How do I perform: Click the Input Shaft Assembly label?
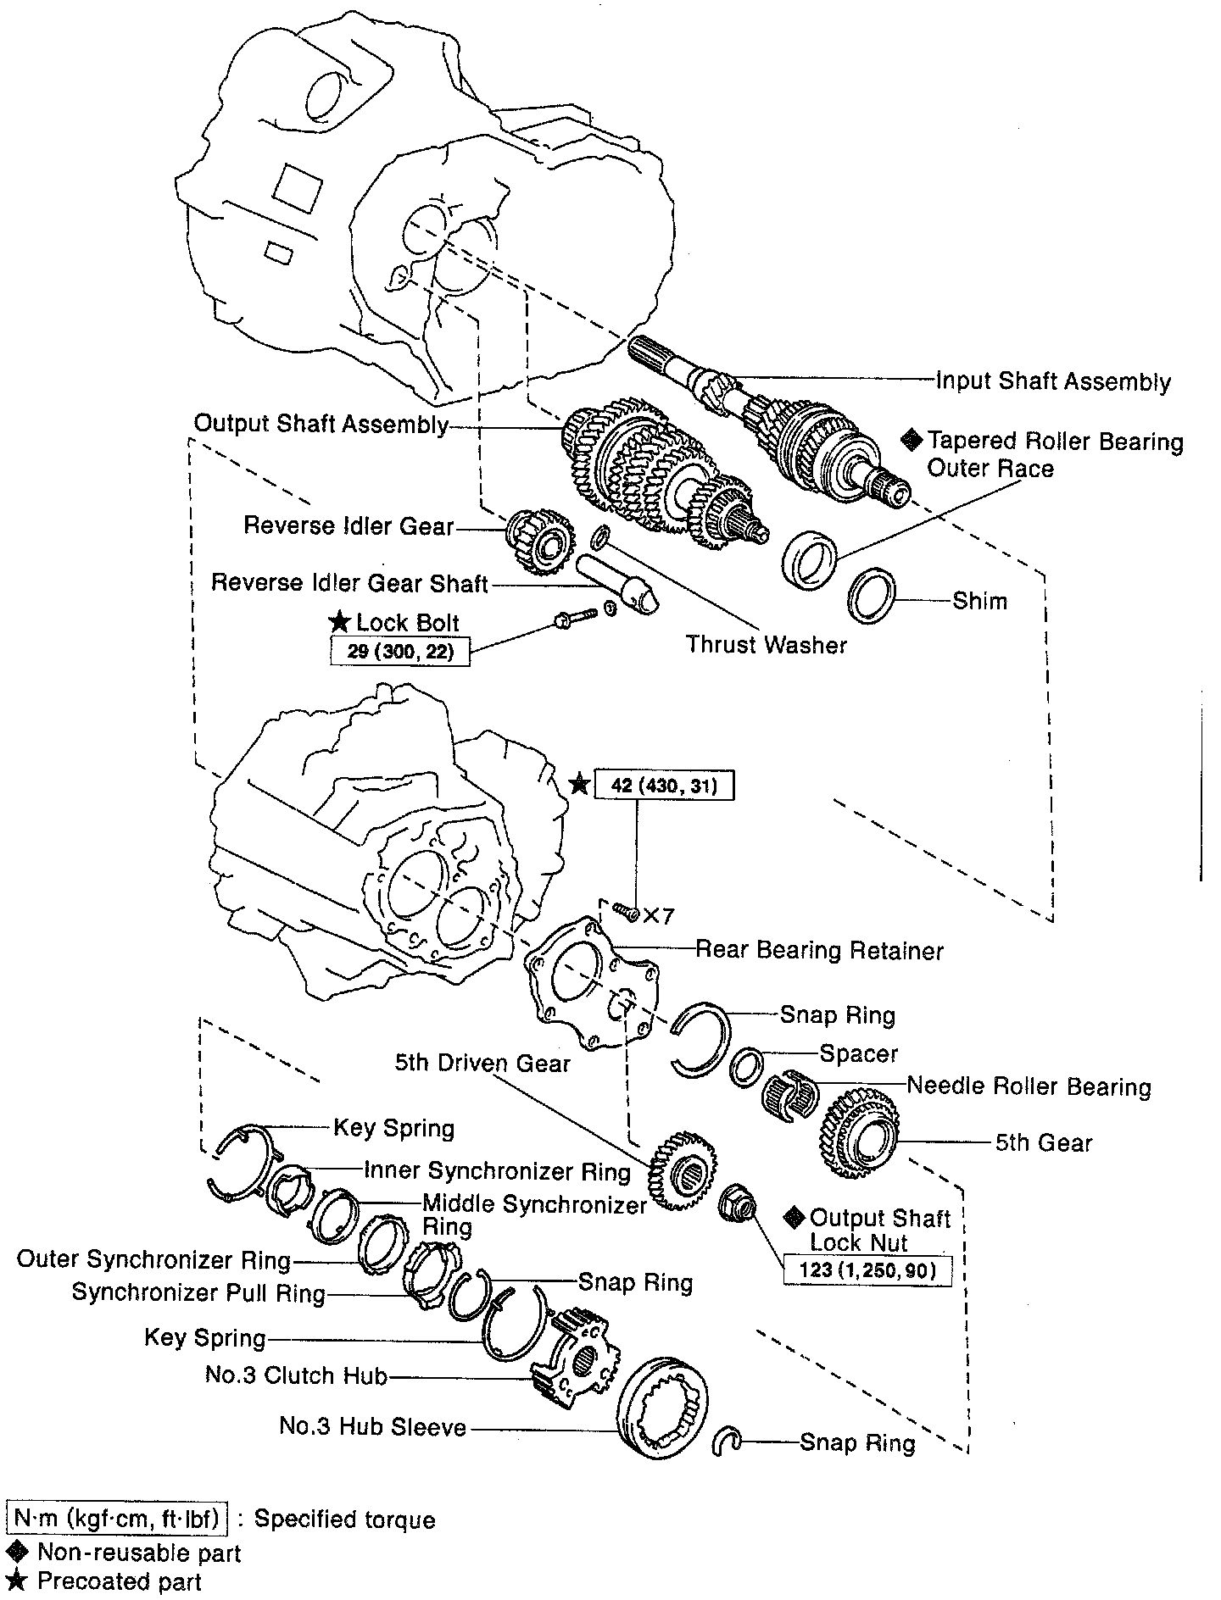tap(1052, 381)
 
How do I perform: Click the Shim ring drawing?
tap(872, 597)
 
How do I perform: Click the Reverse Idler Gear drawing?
tap(535, 541)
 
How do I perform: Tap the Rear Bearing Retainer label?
tap(819, 950)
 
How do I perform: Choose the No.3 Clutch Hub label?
tap(296, 1375)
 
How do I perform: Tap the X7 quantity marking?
tap(658, 916)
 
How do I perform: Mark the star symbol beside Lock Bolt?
tap(340, 622)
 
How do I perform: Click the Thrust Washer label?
tap(767, 645)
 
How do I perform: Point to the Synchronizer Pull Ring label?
tap(198, 1293)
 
